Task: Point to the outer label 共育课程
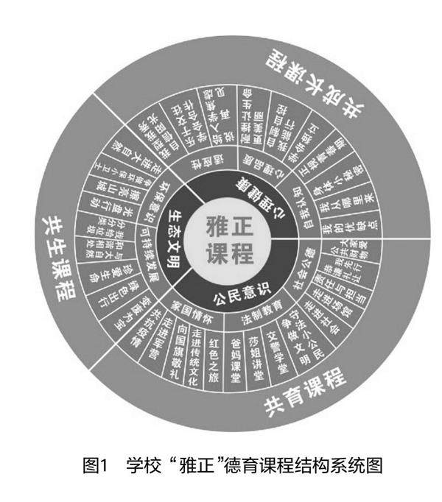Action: pos(305,395)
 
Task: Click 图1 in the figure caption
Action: pos(97,465)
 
